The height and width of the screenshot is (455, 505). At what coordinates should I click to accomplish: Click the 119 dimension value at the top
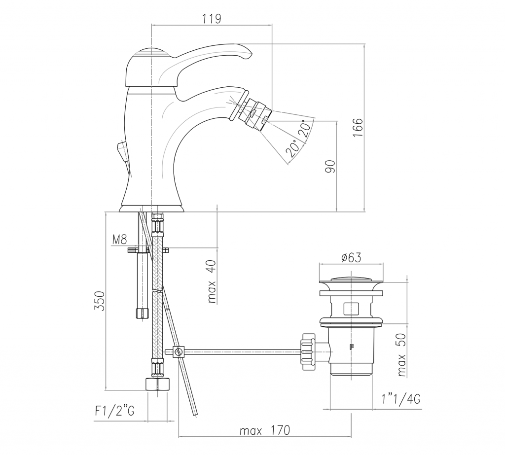[x=212, y=18]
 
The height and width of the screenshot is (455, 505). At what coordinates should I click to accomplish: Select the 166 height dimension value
[x=357, y=128]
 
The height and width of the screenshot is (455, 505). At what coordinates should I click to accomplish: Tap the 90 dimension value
[x=330, y=167]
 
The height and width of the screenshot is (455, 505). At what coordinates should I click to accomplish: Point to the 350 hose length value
[x=100, y=301]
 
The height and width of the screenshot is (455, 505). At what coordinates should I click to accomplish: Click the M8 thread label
[x=119, y=239]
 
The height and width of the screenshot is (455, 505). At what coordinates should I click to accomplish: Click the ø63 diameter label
[x=351, y=257]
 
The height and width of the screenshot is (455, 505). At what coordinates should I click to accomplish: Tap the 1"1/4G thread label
[x=401, y=399]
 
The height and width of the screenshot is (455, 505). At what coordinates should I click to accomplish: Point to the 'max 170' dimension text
[x=265, y=430]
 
